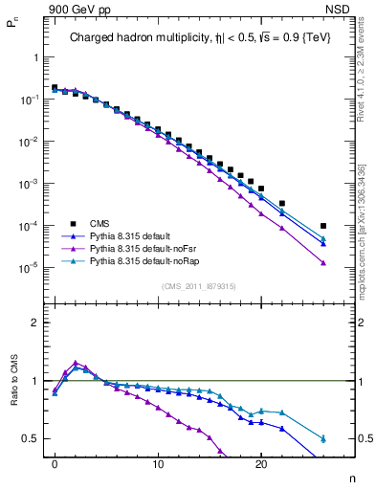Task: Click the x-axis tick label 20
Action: [x=261, y=472]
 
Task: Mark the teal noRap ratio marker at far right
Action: [x=323, y=438]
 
